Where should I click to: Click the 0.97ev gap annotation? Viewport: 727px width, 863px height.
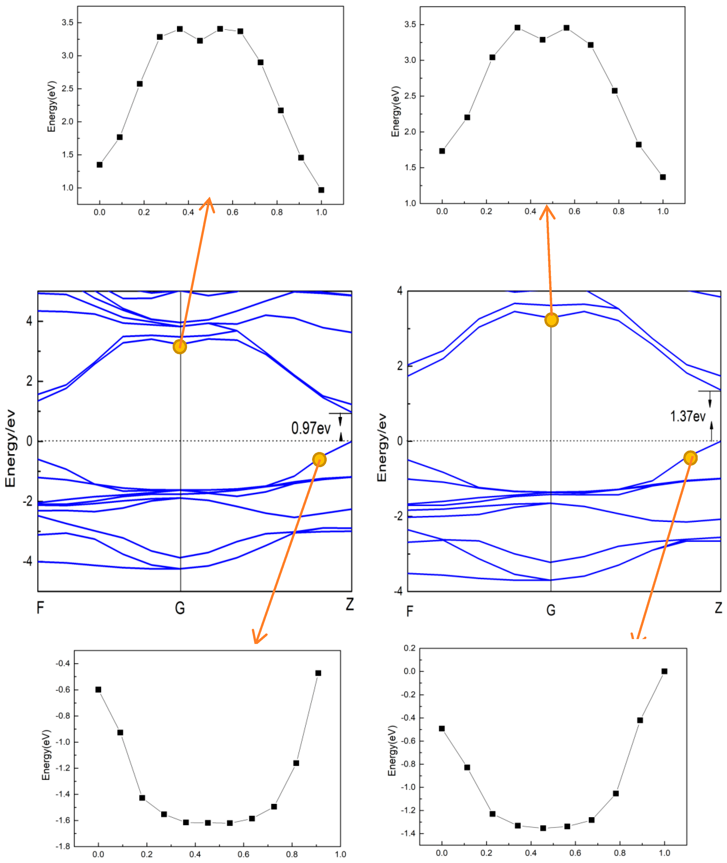[x=311, y=428]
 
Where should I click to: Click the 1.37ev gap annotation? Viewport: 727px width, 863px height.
[x=687, y=416]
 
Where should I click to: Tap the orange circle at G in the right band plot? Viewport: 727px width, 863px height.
[x=551, y=320]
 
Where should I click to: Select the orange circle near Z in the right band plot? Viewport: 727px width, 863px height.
[x=690, y=458]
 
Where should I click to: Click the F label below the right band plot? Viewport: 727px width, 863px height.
[x=410, y=611]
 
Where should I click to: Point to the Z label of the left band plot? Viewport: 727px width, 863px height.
[x=349, y=605]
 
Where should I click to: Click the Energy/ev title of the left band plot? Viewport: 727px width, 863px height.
[x=10, y=448]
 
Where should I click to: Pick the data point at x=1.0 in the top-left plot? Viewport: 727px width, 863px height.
[x=321, y=190]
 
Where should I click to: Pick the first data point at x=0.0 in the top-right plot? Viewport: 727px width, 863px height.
[x=442, y=151]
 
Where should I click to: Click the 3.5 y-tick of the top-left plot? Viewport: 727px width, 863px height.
[x=68, y=23]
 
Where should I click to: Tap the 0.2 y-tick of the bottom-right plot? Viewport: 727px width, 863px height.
[x=410, y=648]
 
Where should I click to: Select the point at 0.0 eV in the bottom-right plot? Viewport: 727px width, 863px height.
[x=664, y=671]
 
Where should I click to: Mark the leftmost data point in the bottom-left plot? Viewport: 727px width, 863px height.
[x=98, y=689]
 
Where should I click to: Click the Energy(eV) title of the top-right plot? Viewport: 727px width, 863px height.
[x=396, y=111]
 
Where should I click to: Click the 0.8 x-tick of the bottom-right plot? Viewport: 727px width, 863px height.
[x=620, y=853]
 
